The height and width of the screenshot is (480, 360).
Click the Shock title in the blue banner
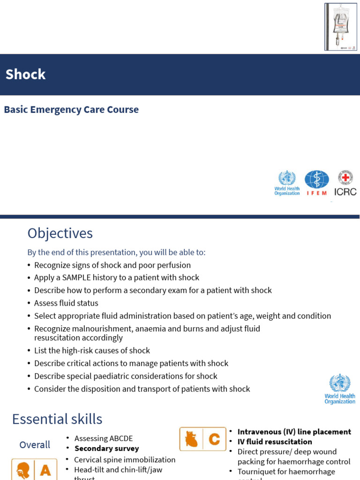pyautogui.click(x=25, y=75)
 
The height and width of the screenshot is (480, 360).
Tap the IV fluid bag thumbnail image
pyautogui.click(x=340, y=27)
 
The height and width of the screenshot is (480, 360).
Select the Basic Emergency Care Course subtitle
pyautogui.click(x=71, y=110)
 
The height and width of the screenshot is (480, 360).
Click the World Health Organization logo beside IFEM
pyautogui.click(x=287, y=183)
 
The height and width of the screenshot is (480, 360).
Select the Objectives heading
pyautogui.click(x=60, y=233)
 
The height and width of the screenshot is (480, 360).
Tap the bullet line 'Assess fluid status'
pyautogui.click(x=66, y=303)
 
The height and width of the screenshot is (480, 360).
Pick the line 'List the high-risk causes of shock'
pyautogui.click(x=92, y=351)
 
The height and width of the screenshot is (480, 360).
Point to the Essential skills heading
pyautogui.click(x=57, y=419)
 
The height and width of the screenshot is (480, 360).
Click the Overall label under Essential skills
pyautogui.click(x=35, y=445)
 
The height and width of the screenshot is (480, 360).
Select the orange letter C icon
pyautogui.click(x=214, y=439)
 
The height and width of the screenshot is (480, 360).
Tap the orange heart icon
pyautogui.click(x=191, y=439)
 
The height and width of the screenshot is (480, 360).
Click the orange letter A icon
pyautogui.click(x=45, y=470)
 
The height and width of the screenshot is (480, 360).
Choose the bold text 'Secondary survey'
pyautogui.click(x=107, y=449)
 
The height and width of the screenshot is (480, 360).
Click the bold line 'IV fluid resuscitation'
pyautogui.click(x=275, y=442)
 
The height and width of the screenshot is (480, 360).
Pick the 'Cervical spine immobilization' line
pyautogui.click(x=125, y=460)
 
